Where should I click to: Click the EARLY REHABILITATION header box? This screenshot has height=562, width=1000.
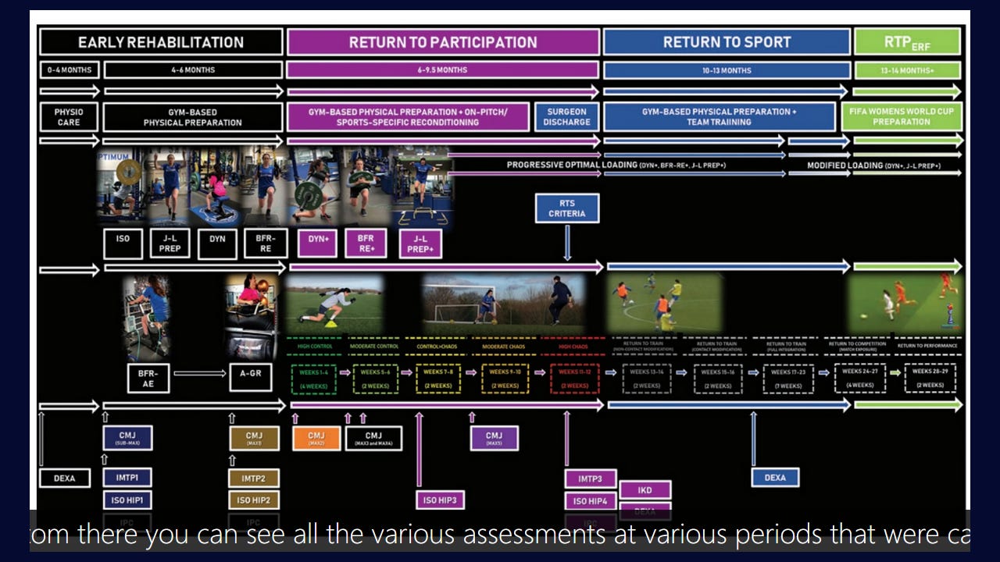pos(161,42)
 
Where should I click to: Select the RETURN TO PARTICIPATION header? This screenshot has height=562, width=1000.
pos(443,42)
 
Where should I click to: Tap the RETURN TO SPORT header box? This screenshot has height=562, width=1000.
pos(727,42)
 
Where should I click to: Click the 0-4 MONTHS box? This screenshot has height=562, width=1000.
pos(70,70)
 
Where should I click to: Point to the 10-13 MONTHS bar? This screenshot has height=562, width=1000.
pos(727,70)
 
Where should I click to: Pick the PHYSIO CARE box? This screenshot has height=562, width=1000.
pos(69,117)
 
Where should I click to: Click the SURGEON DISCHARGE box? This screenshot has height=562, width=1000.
pos(566,117)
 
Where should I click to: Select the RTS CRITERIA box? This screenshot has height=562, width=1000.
pos(567,208)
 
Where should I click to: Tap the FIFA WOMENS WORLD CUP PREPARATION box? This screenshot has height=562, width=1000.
pos(907,117)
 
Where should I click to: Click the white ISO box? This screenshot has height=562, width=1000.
pos(123,244)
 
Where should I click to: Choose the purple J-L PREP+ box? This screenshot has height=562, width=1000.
pos(420,244)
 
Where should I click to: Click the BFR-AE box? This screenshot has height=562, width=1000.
pos(148,379)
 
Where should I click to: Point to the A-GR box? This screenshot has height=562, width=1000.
pos(251,379)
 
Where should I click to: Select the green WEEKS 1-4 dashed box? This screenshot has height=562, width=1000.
pos(313,379)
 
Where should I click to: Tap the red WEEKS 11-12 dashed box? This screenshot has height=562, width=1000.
pos(575,379)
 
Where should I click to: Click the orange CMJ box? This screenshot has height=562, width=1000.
pos(316,439)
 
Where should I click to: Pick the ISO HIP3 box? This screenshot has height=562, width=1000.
pos(440,500)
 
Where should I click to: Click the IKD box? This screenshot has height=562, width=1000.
pos(645,491)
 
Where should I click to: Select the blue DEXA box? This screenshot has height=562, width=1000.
pos(775,478)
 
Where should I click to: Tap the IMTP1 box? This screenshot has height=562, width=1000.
pos(127,478)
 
